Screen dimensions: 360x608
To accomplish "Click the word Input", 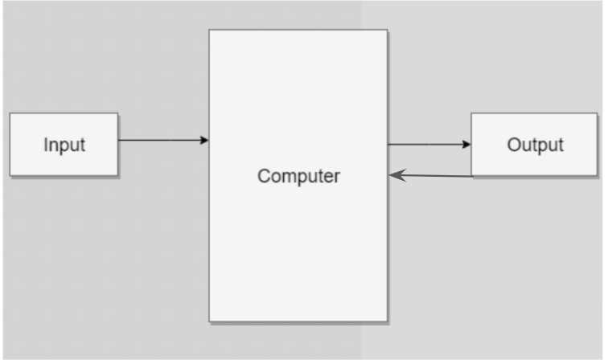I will point(64,145).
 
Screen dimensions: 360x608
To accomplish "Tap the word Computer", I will point(298,176).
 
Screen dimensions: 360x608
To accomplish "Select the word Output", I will point(535,145).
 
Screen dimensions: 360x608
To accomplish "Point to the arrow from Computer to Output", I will point(429,145).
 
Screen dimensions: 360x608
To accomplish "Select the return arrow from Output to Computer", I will point(431,175).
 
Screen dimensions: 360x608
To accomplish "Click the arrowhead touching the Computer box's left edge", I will point(204,141).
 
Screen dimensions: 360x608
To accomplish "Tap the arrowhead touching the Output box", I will point(466,145).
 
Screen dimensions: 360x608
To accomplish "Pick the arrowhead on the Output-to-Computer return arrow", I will point(396,174).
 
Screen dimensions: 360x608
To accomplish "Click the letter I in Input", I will point(46,145).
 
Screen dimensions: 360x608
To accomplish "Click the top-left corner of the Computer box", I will point(210,31).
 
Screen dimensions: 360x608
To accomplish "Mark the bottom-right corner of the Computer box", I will point(387,321).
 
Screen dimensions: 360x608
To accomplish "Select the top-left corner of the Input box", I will point(10,113).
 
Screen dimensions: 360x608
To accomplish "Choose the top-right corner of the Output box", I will point(598,113).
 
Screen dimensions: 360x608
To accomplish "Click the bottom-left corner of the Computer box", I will point(210,321).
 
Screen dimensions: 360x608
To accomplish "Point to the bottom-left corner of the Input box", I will point(10,175).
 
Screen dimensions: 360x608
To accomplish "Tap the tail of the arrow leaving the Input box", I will point(120,141).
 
